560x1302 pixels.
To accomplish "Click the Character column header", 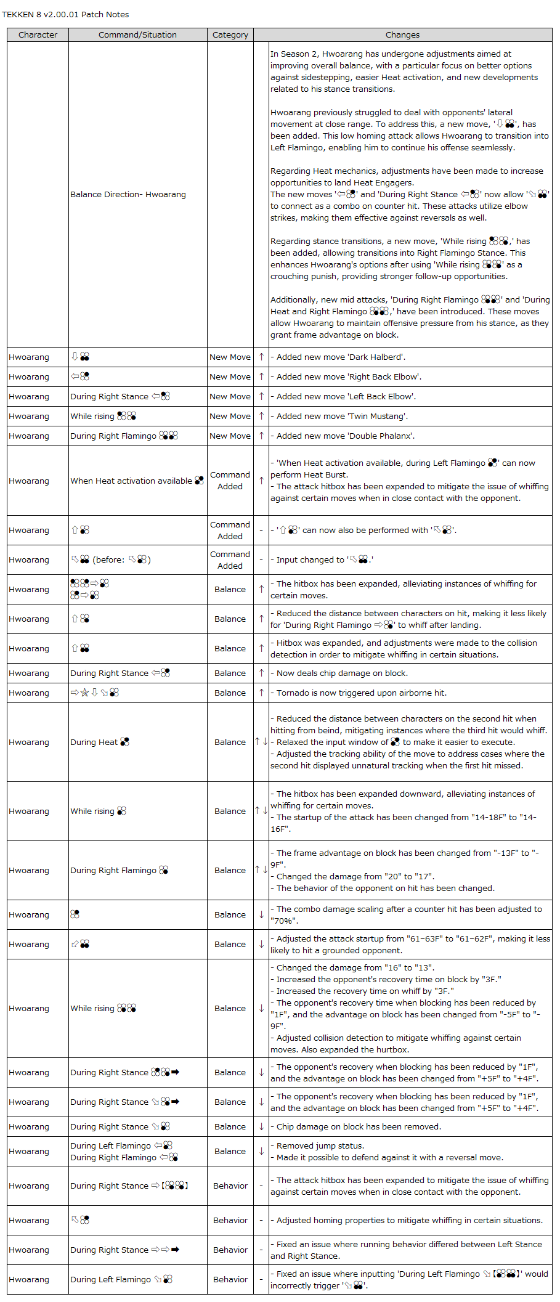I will click(x=38, y=35).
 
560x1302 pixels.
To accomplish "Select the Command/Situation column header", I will click(x=137, y=35).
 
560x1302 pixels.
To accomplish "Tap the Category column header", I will click(x=230, y=35).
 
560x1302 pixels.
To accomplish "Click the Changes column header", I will click(x=402, y=35).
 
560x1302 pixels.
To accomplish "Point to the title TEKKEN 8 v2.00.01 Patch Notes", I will click(x=65, y=14).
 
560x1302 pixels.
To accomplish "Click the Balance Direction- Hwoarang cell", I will click(x=128, y=195).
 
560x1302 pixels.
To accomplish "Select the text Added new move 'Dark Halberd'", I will click(x=341, y=357).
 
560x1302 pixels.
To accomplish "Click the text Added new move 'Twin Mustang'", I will click(x=342, y=417).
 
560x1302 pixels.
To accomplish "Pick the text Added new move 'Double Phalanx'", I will click(x=345, y=436).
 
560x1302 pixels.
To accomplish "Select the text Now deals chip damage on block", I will click(x=342, y=673).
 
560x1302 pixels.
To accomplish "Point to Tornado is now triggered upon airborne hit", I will click(x=362, y=693).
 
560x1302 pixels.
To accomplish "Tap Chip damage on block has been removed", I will click(x=359, y=1127).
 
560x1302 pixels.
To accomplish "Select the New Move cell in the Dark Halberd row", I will click(x=230, y=357).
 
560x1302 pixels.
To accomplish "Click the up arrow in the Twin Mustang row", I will click(x=261, y=417).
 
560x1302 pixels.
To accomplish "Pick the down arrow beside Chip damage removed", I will click(x=261, y=1127).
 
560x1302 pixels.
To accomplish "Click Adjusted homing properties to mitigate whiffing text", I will click(x=409, y=1221).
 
